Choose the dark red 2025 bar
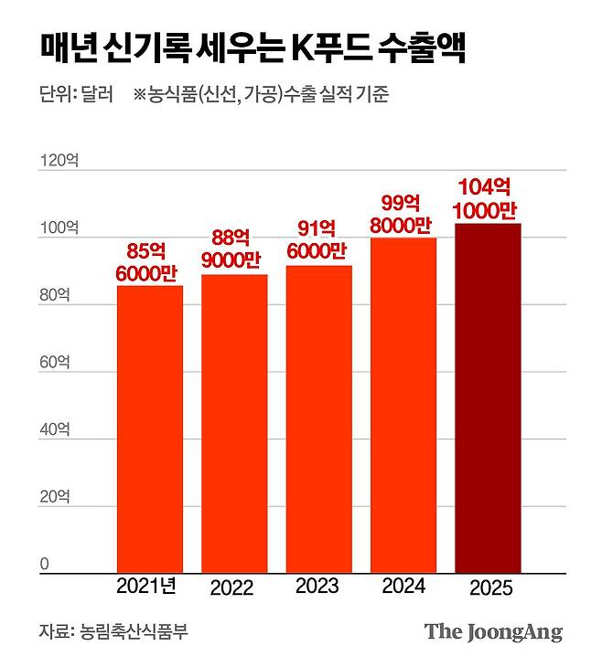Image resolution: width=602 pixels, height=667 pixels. point(488,397)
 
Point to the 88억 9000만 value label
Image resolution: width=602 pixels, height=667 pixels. point(234,248)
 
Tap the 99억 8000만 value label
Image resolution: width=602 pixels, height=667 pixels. point(403,212)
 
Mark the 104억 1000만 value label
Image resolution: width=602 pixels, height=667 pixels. point(488,197)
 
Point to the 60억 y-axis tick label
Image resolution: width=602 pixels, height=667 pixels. point(55,363)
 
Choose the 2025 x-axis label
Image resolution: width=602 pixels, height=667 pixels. point(488,589)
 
